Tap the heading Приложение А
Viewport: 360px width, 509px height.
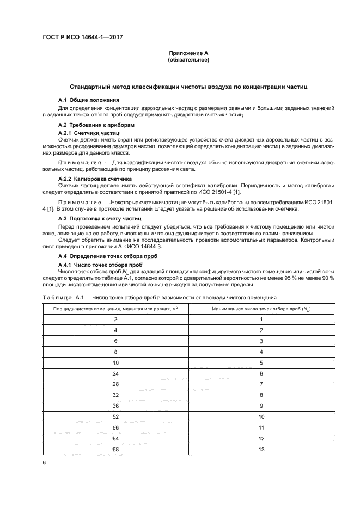pyautogui.click(x=188, y=53)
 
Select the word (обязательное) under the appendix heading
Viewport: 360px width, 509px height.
pyautogui.click(x=188, y=60)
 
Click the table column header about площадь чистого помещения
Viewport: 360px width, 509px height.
pyautogui.click(x=115, y=309)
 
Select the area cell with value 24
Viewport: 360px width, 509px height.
pyautogui.click(x=115, y=374)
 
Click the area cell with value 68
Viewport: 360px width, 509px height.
pyautogui.click(x=115, y=450)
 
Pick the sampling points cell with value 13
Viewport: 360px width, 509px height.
pyautogui.click(x=261, y=450)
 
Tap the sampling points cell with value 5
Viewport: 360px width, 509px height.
pyautogui.click(x=261, y=363)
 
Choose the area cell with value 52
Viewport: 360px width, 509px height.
pyautogui.click(x=115, y=417)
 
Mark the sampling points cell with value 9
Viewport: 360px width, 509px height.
pyautogui.click(x=261, y=406)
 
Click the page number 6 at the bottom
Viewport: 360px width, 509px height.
pyautogui.click(x=44, y=463)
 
